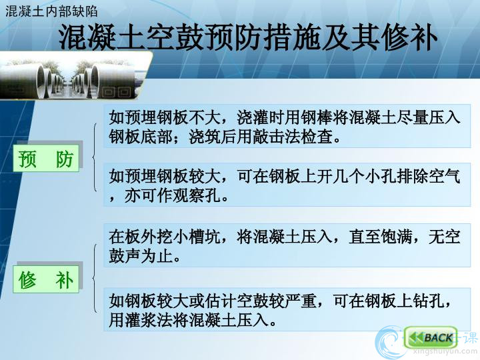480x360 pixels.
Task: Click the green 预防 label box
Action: tap(46, 158)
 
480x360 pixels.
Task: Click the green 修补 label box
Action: tap(46, 279)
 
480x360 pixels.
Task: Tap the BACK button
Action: tap(431, 337)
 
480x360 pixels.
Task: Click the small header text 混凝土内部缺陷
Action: tap(51, 11)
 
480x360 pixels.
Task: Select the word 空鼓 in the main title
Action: tap(175, 37)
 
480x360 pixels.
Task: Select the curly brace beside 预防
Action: tap(95, 157)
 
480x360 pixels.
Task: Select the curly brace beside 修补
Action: tap(95, 278)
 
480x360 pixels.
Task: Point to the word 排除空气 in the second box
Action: tap(428, 176)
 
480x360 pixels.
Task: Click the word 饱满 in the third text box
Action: tap(396, 237)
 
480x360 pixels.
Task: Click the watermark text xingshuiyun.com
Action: tap(445, 352)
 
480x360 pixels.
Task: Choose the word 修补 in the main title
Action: tap(409, 37)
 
